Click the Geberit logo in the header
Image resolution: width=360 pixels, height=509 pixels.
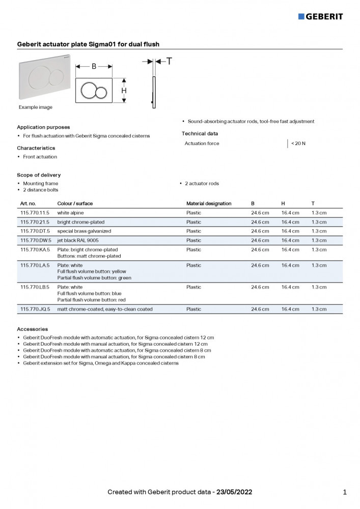coord(320,16)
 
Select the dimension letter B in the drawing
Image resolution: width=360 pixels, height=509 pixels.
coord(94,66)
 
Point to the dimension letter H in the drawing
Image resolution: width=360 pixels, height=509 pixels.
coord(124,91)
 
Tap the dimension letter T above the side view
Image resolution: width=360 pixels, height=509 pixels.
coord(169,61)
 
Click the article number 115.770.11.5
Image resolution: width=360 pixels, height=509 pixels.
coord(35,213)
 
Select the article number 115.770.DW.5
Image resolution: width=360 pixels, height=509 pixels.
coord(36,240)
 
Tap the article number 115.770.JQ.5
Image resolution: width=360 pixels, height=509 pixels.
coord(35,309)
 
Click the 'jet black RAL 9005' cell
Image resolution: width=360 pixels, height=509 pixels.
coord(78,240)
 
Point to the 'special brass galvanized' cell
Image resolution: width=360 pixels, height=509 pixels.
coord(84,231)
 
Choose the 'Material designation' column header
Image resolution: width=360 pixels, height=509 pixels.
coord(209,204)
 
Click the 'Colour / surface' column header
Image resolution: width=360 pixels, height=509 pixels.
coord(75,204)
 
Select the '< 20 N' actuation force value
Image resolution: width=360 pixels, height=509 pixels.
coord(298,144)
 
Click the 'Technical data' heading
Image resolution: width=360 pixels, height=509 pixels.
coord(200,134)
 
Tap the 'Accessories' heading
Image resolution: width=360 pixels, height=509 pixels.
coord(33,329)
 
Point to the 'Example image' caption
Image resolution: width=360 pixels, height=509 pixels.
coord(36,107)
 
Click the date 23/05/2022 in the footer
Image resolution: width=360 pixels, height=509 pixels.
coord(234,492)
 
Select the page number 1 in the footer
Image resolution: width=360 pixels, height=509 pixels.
coord(345,492)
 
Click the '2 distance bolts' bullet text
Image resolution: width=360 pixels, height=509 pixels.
coord(41,190)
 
